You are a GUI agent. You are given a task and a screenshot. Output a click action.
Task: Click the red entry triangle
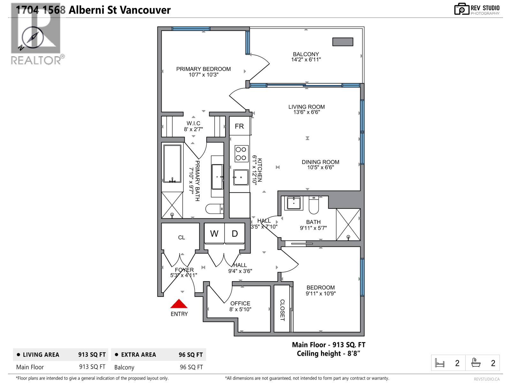tap(179, 304)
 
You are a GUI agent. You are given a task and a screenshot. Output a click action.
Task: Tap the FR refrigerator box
tap(239, 126)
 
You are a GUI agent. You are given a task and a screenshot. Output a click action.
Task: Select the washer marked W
tap(214, 234)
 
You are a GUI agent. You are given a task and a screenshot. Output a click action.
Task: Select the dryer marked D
tap(235, 234)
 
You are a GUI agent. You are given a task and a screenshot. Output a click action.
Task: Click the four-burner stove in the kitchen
tap(241, 154)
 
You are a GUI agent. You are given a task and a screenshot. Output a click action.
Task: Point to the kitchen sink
tap(241, 177)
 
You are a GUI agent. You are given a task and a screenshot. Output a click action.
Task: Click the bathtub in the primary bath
tap(172, 164)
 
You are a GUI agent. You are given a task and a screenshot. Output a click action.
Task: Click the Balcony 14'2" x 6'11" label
tap(306, 57)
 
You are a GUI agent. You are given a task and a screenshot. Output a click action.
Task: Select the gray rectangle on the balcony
tap(343, 42)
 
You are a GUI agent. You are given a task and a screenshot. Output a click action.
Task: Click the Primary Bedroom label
tap(203, 71)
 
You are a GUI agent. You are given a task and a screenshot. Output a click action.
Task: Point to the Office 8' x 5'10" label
tap(240, 306)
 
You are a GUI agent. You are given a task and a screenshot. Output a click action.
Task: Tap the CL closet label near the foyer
tap(181, 237)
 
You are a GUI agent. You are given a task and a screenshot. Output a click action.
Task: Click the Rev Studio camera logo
tap(461, 9)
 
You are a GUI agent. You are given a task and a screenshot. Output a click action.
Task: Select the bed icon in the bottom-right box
tap(440, 363)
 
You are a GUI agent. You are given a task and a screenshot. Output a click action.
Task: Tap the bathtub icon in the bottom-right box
tap(476, 363)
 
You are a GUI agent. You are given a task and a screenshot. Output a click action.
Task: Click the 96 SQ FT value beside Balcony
tap(191, 367)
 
